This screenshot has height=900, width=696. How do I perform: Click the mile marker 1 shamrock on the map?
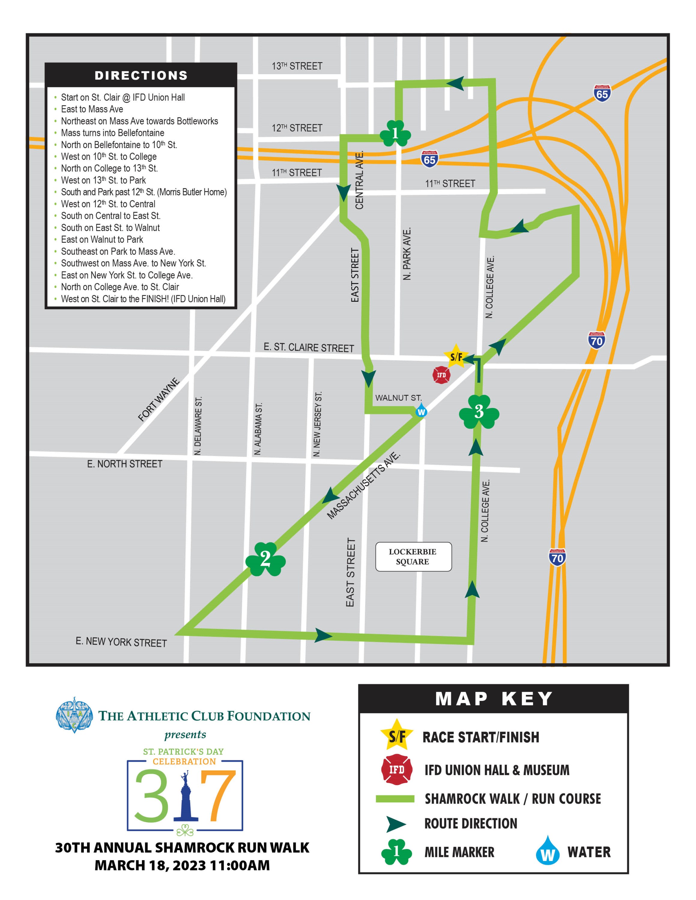point(395,133)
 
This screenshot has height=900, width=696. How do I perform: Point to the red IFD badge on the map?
point(441,375)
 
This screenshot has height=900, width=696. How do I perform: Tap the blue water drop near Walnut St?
point(421,411)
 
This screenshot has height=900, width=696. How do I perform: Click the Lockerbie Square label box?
point(413,557)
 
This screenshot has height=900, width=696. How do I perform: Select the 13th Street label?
point(297,66)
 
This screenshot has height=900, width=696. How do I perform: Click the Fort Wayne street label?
point(159,399)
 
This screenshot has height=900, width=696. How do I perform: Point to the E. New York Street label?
point(121,642)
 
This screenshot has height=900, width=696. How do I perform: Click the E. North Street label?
point(125,464)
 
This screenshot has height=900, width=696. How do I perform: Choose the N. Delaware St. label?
point(198,426)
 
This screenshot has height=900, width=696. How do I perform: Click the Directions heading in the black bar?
point(141,75)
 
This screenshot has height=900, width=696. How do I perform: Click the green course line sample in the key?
point(395,799)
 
